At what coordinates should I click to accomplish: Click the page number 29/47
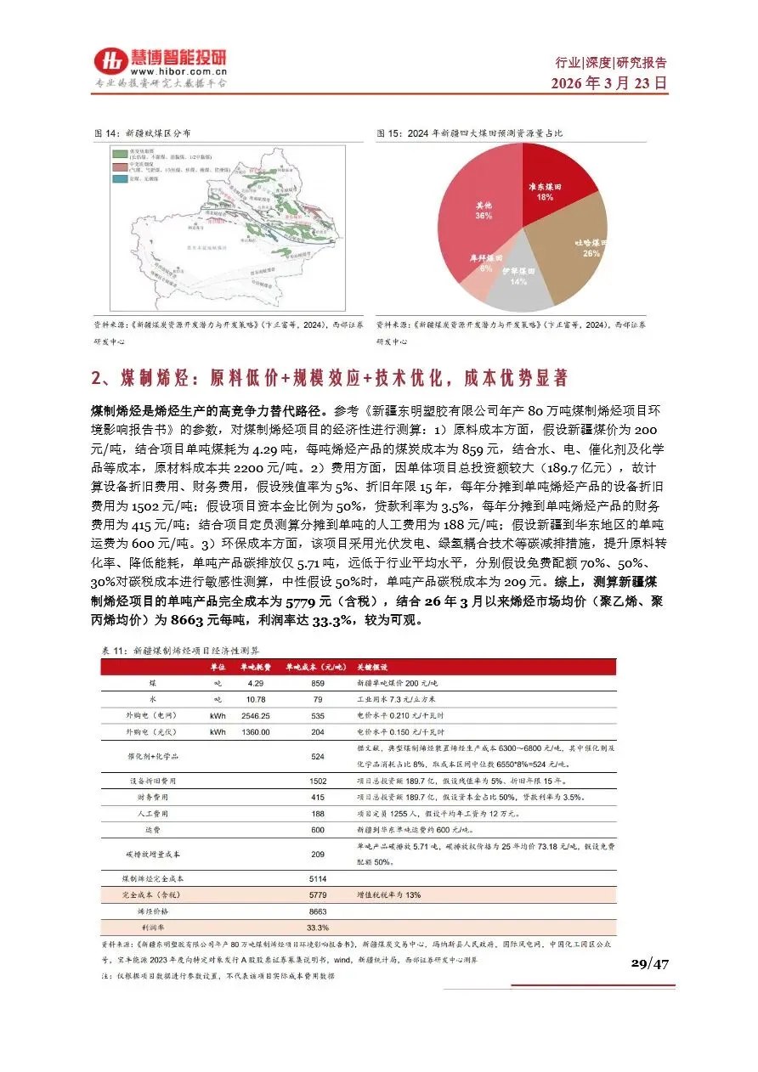pyautogui.click(x=650, y=962)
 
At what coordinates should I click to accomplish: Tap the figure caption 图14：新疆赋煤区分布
pyautogui.click(x=141, y=134)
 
